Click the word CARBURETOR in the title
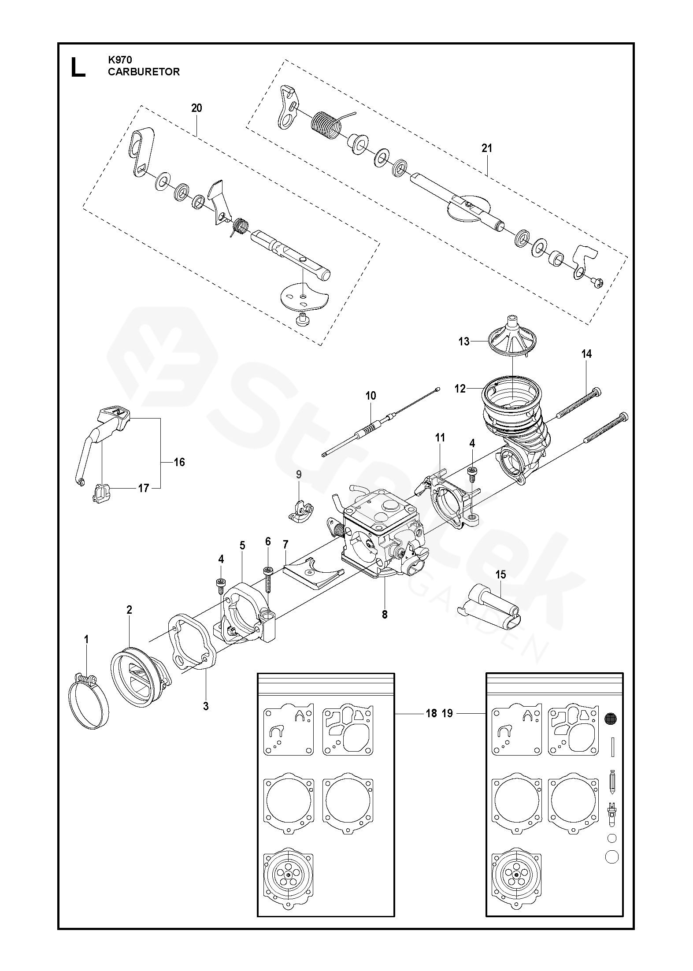[x=144, y=72]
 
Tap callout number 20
[x=196, y=108]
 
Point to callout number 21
[x=486, y=148]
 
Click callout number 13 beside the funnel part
[x=464, y=341]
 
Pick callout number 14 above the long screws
[x=586, y=354]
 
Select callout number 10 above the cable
[x=371, y=396]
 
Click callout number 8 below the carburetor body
[x=385, y=615]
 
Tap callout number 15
[x=500, y=574]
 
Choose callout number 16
[x=179, y=462]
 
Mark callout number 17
[x=144, y=488]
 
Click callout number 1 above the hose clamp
[x=86, y=639]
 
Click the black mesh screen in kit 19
[x=611, y=719]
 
